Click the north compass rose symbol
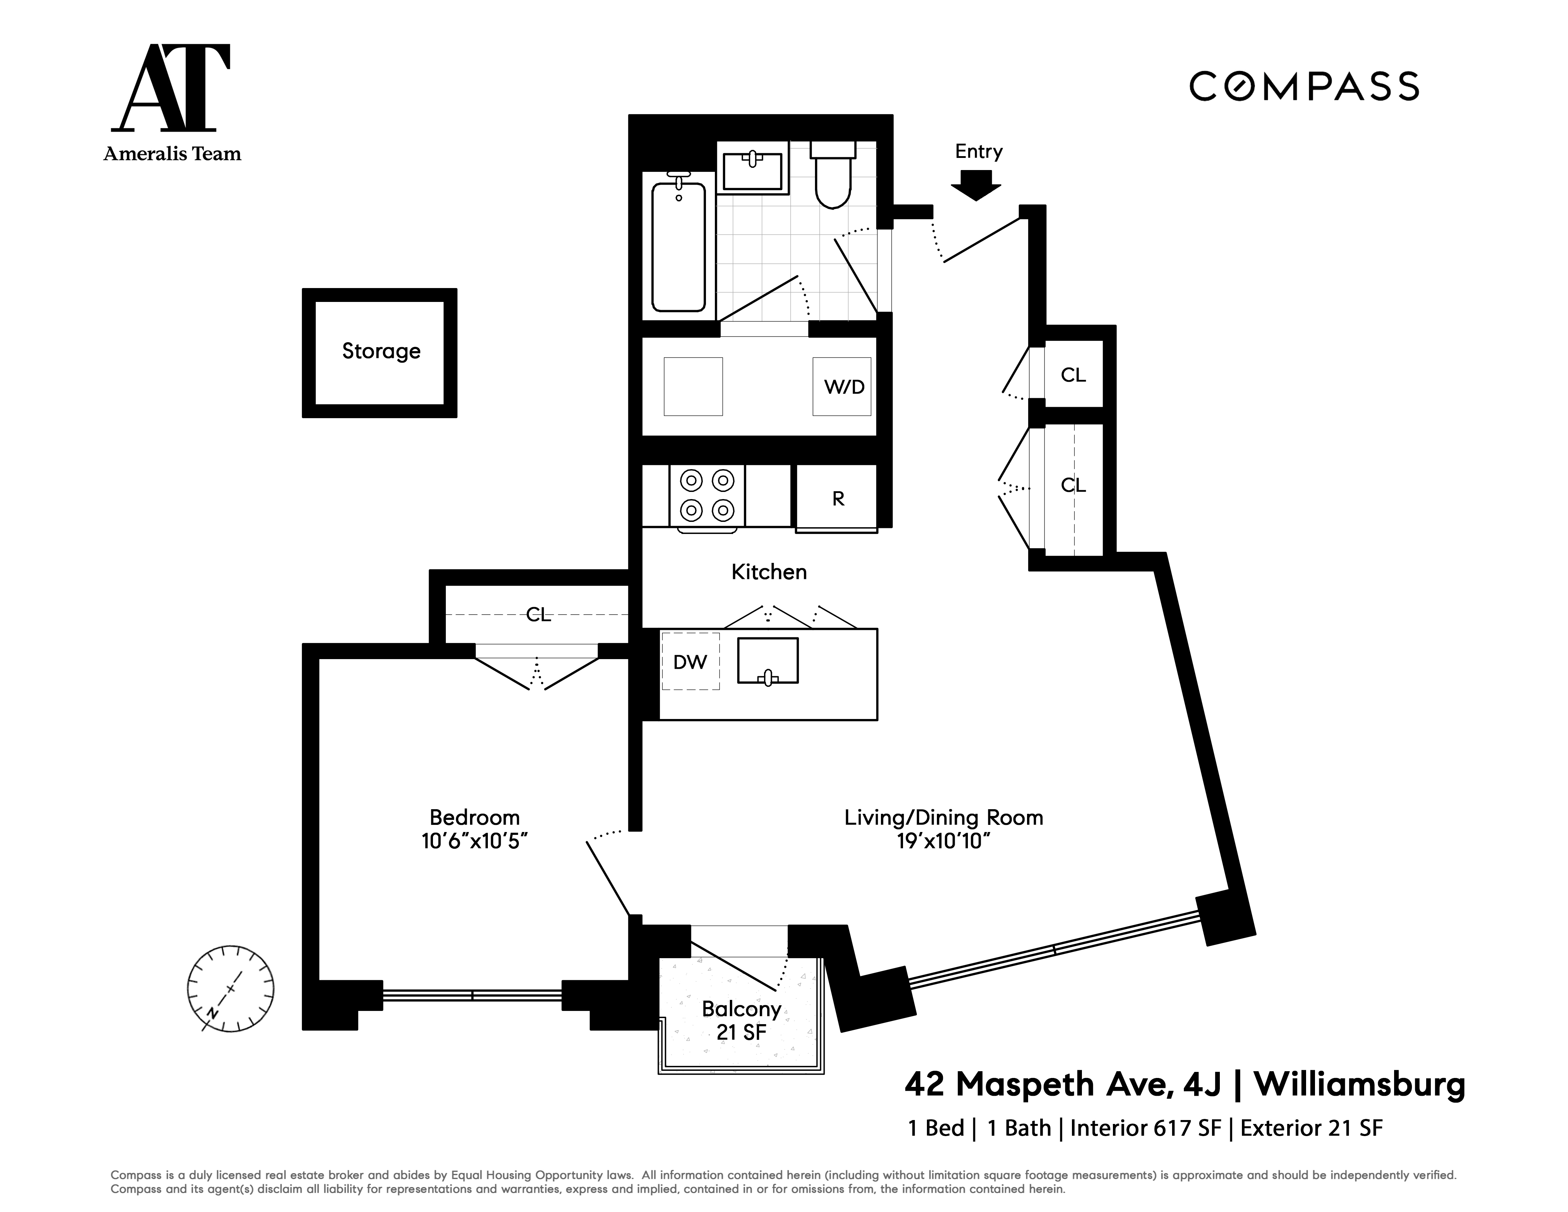click(231, 989)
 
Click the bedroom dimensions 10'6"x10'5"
click(475, 841)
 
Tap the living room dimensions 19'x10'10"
click(943, 841)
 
